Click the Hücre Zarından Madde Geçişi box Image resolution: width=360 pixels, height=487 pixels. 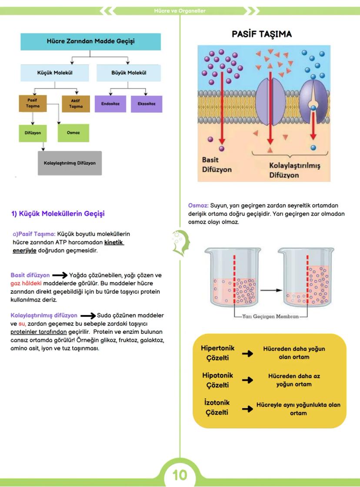pos(90,41)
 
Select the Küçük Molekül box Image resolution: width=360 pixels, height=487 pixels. pos(54,73)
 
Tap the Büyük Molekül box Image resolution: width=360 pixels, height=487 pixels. pos(127,73)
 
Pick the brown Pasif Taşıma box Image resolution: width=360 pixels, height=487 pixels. pos(33,103)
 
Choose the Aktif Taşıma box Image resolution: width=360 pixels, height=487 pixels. pos(76,103)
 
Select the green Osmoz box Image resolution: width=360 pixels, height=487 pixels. pos(73,132)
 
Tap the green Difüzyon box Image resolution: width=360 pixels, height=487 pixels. pos(33,132)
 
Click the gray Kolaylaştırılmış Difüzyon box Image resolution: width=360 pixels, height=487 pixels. pos(70,163)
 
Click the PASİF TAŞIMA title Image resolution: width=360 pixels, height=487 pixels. pos(262,34)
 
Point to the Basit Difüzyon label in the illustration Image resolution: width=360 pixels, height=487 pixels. pos(217,165)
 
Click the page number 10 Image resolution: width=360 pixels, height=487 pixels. pos(180,475)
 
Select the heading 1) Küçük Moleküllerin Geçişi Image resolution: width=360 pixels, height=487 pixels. pos(58,214)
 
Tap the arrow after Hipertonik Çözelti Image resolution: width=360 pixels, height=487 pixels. pos(247,353)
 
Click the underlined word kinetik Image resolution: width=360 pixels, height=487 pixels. pos(114,242)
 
